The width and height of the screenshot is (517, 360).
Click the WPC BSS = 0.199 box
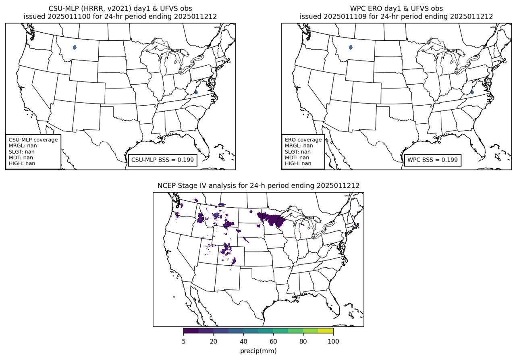pyautogui.click(x=432, y=160)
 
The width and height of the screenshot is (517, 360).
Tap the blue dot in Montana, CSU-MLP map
pyautogui.click(x=75, y=47)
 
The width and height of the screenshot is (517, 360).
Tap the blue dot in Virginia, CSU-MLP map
pyautogui.click(x=196, y=92)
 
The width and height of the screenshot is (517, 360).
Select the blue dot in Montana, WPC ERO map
pyautogui.click(x=351, y=47)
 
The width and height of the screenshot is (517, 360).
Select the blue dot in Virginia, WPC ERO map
pyautogui.click(x=472, y=92)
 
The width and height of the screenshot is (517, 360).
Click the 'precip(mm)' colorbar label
pyautogui.click(x=258, y=351)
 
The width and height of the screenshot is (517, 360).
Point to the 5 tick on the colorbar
pyautogui.click(x=184, y=341)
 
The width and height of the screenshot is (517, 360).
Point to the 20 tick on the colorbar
pyautogui.click(x=214, y=341)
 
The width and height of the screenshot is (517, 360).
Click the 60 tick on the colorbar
pyautogui.click(x=273, y=341)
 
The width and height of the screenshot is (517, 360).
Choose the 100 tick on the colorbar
pyautogui.click(x=333, y=341)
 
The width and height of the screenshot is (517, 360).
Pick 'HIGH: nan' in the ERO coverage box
pyautogui.click(x=298, y=163)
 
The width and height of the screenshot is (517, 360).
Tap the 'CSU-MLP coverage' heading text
pyautogui.click(x=33, y=140)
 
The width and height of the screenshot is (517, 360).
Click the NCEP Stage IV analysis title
pyautogui.click(x=258, y=185)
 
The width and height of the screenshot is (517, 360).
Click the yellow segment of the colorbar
pyautogui.click(x=326, y=331)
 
